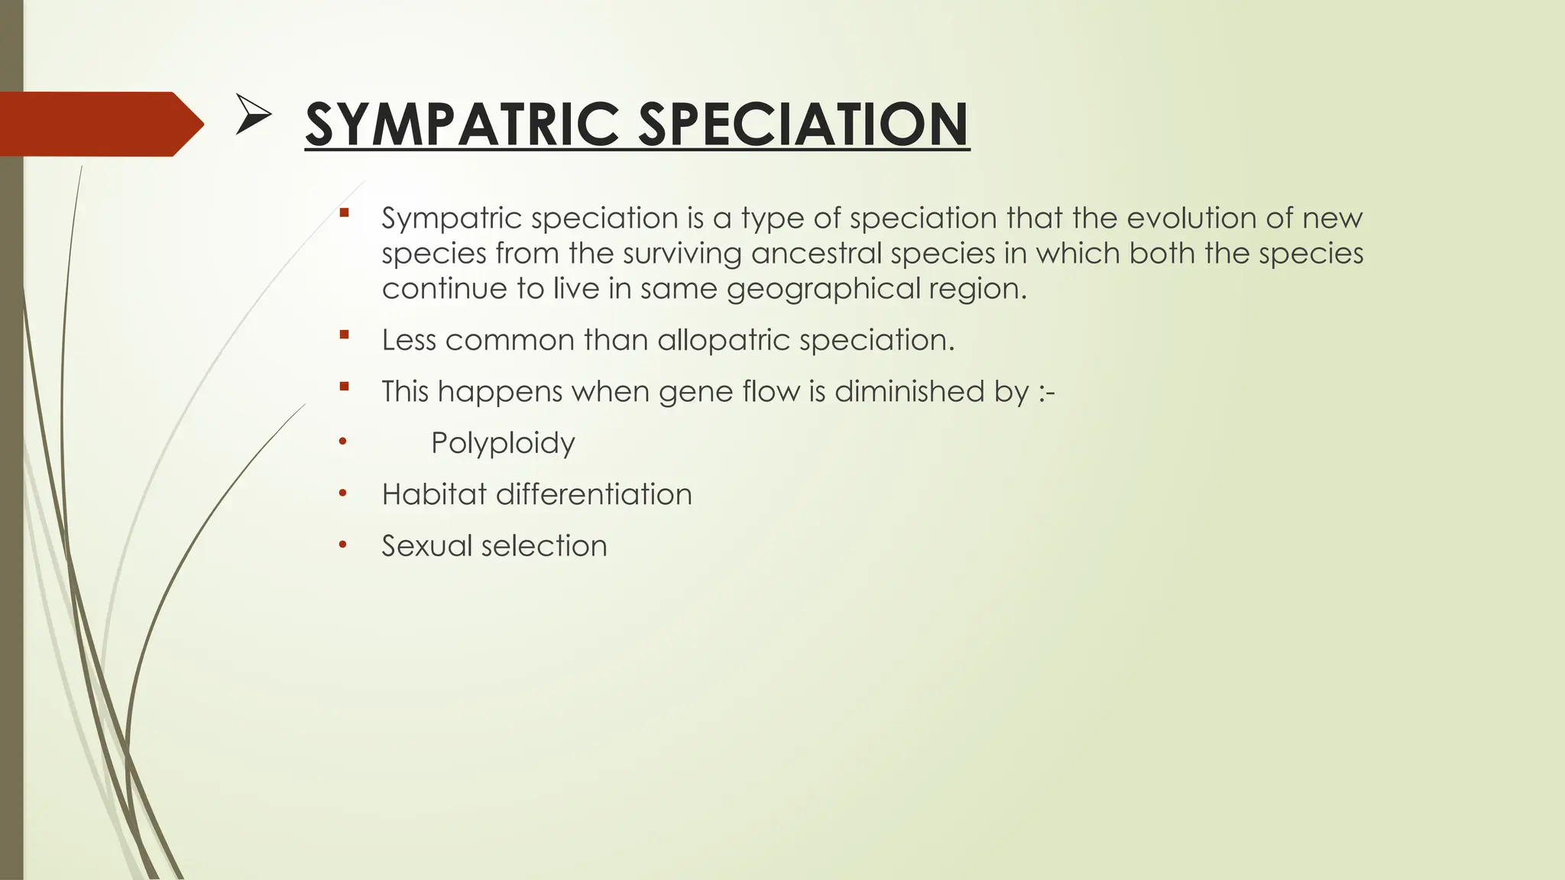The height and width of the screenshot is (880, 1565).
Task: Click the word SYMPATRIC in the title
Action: tap(462, 125)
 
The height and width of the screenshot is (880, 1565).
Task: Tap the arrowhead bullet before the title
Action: tap(253, 115)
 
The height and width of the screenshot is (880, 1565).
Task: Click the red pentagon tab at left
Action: tap(99, 124)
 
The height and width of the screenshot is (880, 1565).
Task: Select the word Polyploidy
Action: tap(503, 443)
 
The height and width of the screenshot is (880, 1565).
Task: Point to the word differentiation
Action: tap(594, 494)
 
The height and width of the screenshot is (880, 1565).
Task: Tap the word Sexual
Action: tap(427, 546)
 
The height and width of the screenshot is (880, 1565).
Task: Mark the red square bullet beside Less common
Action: tap(344, 335)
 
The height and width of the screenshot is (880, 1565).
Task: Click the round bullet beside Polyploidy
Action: tap(343, 442)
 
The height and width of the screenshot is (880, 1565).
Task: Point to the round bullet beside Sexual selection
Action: tap(343, 545)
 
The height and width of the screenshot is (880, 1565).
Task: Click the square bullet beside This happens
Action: tap(344, 386)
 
